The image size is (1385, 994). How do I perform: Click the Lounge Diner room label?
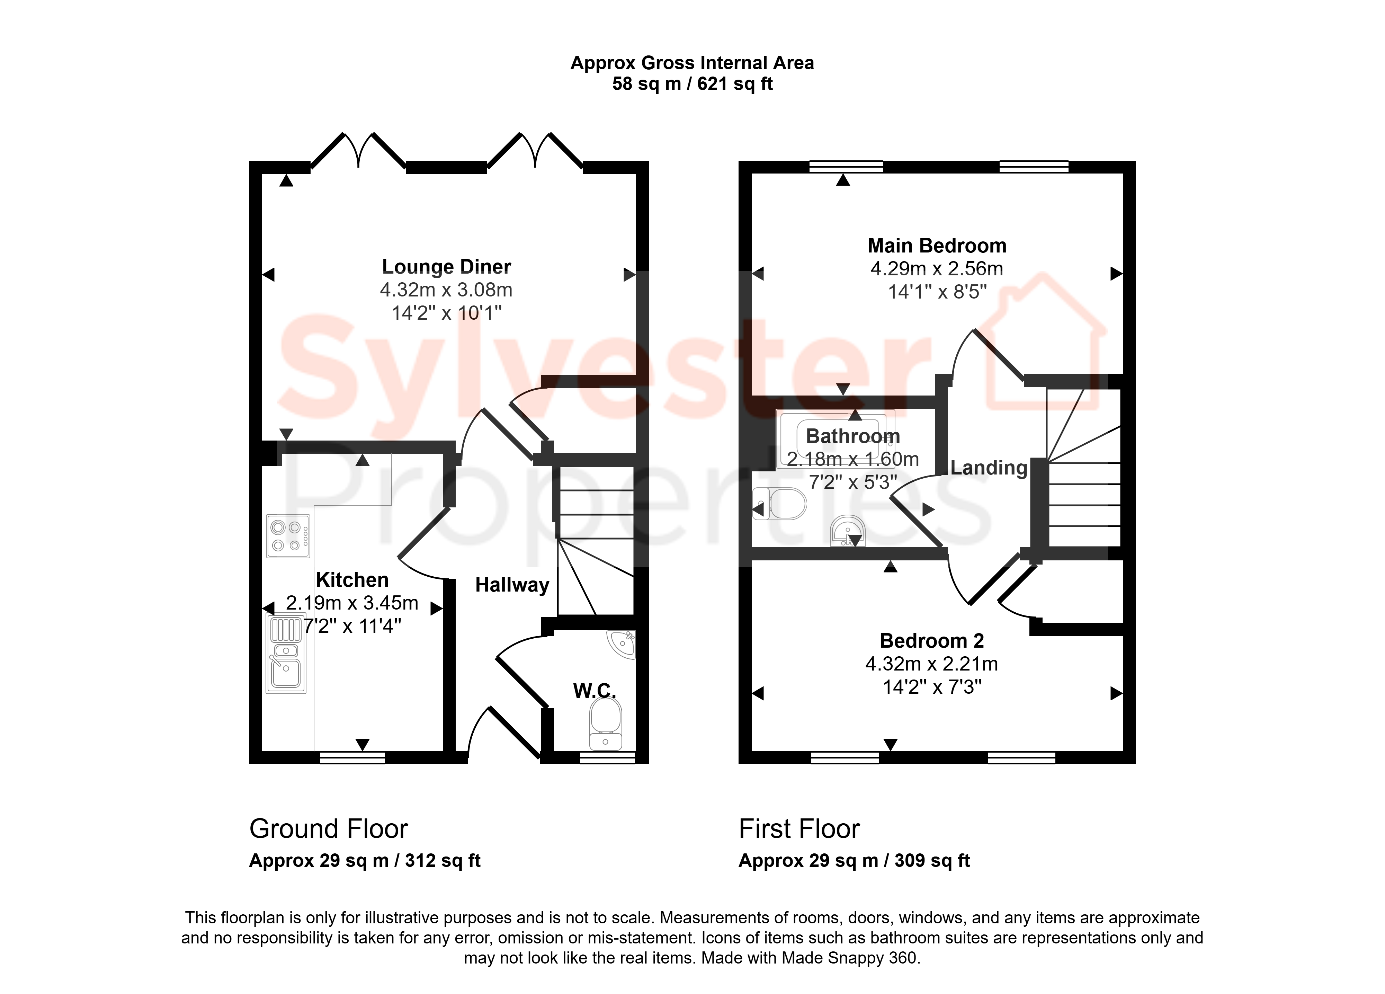446,267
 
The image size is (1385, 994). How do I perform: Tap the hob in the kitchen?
288,536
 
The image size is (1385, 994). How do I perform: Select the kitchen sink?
286,654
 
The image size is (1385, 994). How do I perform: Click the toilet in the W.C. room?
606,724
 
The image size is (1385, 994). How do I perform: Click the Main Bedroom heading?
937,246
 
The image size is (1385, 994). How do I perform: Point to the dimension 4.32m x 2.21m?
931,664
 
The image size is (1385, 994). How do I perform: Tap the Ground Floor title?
329,829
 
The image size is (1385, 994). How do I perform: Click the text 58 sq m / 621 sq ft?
692,84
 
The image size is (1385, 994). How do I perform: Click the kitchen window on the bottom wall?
352,757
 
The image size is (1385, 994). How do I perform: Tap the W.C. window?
607,757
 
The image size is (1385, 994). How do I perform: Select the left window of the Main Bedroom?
846,167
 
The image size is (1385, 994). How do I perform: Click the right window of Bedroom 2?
1022,757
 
